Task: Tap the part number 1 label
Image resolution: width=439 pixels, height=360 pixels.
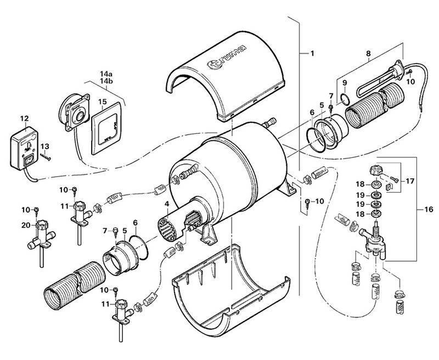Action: [x=311, y=54]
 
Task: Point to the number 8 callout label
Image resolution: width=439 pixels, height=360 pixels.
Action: [x=369, y=54]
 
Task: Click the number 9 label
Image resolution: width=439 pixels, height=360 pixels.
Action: [x=345, y=83]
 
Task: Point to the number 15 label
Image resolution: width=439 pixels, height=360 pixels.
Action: [x=102, y=102]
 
